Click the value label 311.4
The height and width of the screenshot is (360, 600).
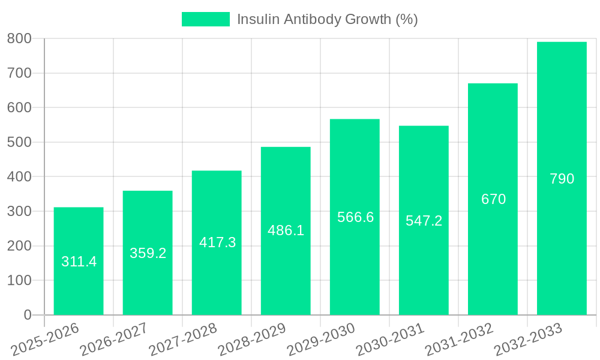pos(79,262)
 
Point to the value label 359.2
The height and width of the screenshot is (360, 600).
pos(148,253)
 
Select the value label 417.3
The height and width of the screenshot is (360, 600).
pos(217,242)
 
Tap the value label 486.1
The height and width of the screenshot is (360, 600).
pos(286,230)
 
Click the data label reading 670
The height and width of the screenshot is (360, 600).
pos(493,199)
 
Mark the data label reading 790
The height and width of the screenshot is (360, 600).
pos(562,179)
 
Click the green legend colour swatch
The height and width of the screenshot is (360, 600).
pos(205,19)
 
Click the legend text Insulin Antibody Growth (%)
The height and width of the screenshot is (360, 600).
pos(327,19)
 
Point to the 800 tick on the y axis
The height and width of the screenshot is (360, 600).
pos(19,39)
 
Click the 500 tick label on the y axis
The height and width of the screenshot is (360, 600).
pos(19,142)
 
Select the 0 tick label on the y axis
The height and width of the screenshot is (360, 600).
pos(27,315)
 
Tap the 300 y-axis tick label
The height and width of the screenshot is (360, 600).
pos(19,211)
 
